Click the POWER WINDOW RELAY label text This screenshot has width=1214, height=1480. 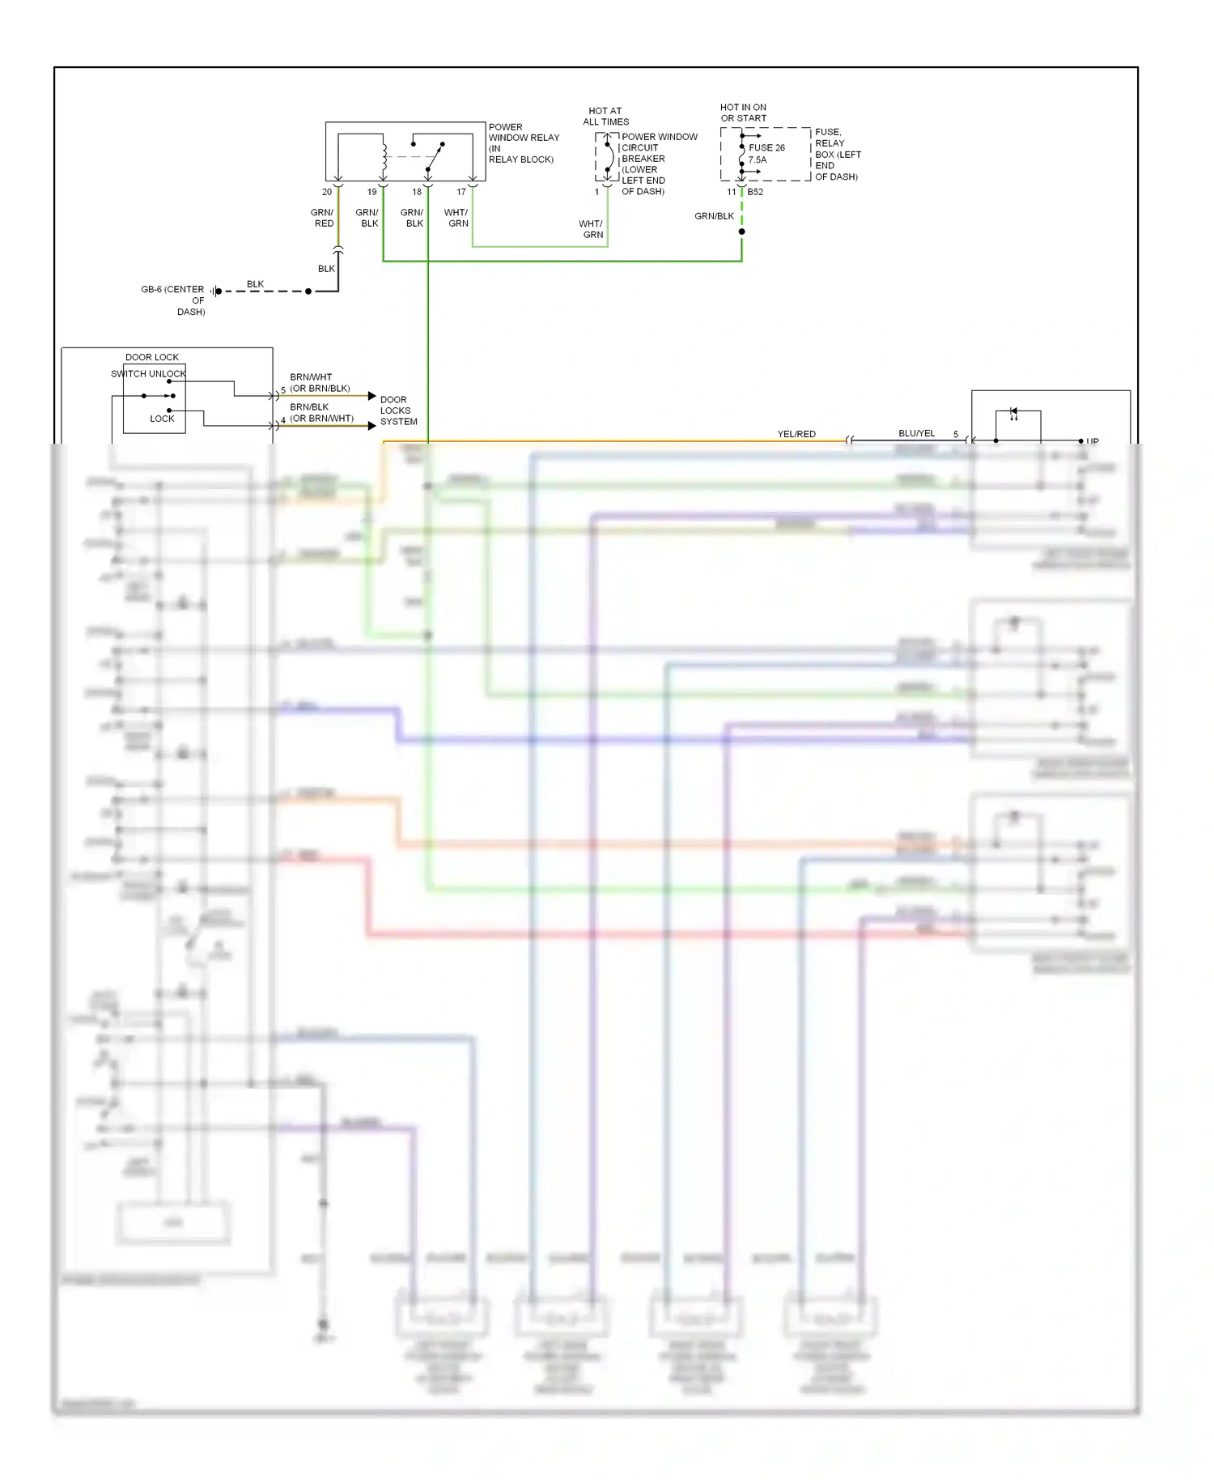point(523,142)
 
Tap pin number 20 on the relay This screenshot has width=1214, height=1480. point(327,193)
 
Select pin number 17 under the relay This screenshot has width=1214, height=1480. point(461,193)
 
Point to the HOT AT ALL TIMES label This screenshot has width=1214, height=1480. point(605,117)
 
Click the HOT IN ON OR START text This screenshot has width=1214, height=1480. point(743,113)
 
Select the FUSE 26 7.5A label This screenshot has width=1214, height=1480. point(766,154)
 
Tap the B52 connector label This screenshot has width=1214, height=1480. point(755,193)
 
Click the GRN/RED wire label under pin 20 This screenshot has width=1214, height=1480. point(323,219)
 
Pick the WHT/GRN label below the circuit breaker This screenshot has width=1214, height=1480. point(592,229)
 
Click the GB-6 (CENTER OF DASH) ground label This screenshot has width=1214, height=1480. point(174,300)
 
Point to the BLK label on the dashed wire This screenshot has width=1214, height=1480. point(255,284)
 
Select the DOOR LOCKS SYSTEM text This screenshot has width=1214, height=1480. point(398,410)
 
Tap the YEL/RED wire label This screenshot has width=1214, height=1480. point(796,434)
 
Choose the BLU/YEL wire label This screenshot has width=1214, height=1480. point(916,433)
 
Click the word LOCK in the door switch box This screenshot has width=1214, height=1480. point(162,419)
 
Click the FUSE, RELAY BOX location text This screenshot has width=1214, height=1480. point(837,154)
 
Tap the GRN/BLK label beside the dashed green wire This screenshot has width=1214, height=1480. point(714,216)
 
